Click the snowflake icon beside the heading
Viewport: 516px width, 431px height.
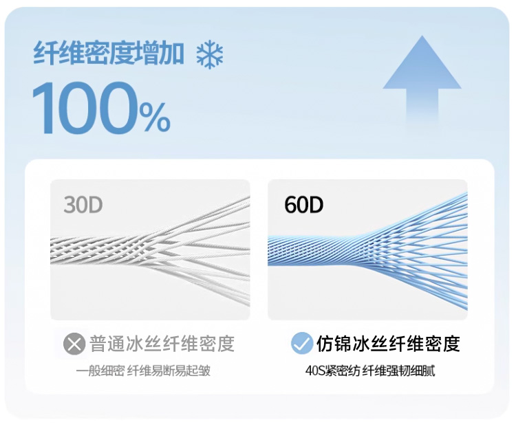coord(210,54)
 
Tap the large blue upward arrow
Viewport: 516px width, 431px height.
coord(422,79)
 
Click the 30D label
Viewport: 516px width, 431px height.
coord(83,205)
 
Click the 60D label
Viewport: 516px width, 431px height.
coord(303,205)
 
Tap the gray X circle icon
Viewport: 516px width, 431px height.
coord(74,343)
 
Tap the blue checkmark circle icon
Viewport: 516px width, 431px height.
coord(301,343)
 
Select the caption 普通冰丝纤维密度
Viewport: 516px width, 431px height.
coord(162,343)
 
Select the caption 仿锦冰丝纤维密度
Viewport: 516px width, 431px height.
coord(388,343)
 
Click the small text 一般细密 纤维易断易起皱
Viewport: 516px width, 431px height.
coord(143,371)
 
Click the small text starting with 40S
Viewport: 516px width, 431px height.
coord(370,371)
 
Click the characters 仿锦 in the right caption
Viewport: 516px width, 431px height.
coord(334,343)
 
